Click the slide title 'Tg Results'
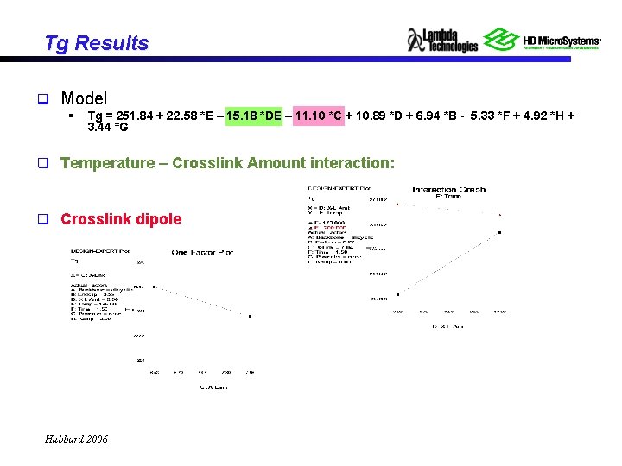(97, 43)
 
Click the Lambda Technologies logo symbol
(416, 40)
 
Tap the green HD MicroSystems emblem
(500, 39)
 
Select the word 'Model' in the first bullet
(84, 98)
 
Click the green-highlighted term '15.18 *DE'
(254, 116)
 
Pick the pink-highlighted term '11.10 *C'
(318, 116)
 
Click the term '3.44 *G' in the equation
(108, 128)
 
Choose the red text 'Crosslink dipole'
(121, 218)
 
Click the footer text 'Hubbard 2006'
(76, 439)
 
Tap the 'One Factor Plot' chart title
(202, 252)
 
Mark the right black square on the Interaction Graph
(501, 232)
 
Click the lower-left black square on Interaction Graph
(397, 295)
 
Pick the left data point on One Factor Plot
(154, 287)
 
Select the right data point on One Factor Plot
(250, 317)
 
